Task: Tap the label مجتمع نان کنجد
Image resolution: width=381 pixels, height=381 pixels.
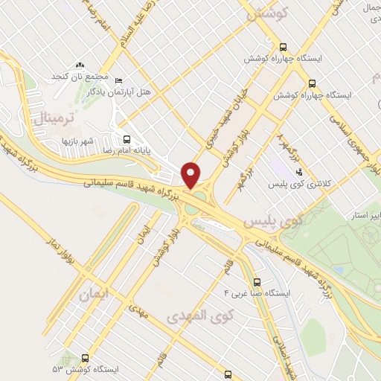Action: (x=80, y=77)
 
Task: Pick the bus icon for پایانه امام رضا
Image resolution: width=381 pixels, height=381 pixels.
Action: (x=127, y=138)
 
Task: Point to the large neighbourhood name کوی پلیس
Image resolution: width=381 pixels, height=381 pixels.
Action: (x=275, y=222)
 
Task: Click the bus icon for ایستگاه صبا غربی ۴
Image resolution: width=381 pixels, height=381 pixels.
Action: (x=257, y=282)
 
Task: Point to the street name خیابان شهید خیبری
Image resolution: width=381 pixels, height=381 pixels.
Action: (x=225, y=132)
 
